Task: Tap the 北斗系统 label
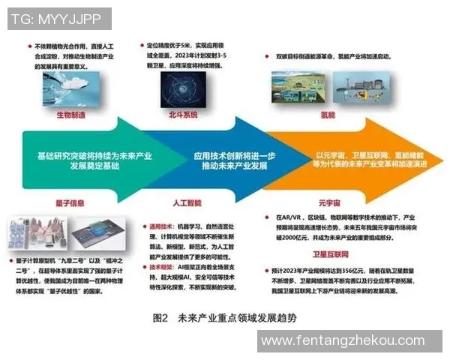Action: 183,115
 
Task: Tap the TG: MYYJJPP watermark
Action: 60,19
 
